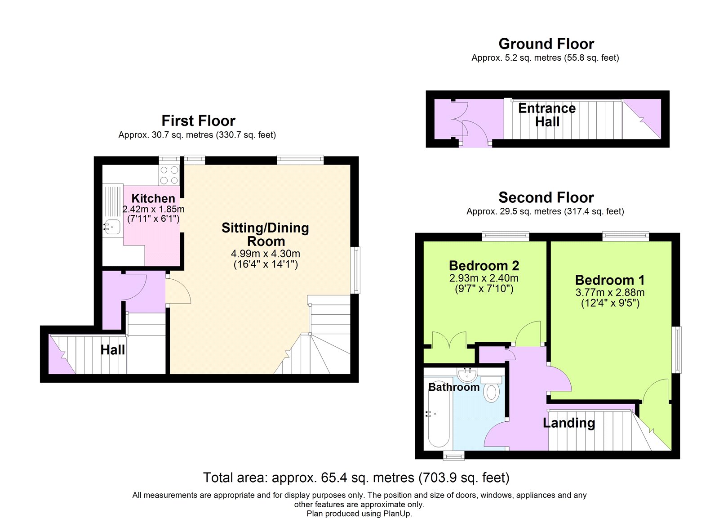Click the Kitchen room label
point(153,198)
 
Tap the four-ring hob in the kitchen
point(169,175)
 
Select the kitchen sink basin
point(112,227)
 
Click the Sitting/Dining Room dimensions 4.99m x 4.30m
point(265,254)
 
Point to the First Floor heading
point(198,121)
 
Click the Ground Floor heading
point(546,44)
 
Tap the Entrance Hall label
point(547,115)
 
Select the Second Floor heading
point(546,197)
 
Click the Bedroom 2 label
point(484,266)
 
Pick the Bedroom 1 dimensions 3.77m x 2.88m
point(610,293)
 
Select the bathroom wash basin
point(467,373)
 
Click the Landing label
point(568,423)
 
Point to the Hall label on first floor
point(112,350)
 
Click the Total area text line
point(356,478)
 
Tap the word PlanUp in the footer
point(396,514)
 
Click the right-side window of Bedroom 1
point(677,350)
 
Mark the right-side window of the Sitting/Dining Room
point(355,270)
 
